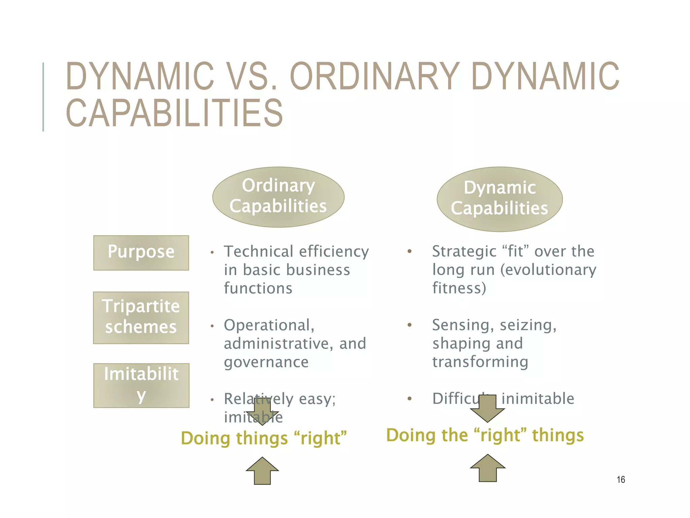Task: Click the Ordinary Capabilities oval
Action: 278,197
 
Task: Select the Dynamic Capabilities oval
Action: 500,199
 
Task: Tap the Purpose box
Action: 141,253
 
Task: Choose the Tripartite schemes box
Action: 141,318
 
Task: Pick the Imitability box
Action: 141,385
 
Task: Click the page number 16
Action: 621,480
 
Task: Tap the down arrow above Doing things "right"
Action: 262,411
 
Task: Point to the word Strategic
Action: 463,252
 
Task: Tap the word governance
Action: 266,362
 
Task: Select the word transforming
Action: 480,362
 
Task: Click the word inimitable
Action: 538,399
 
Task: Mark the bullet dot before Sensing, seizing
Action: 409,325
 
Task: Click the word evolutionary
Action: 548,270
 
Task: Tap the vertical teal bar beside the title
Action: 43,97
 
